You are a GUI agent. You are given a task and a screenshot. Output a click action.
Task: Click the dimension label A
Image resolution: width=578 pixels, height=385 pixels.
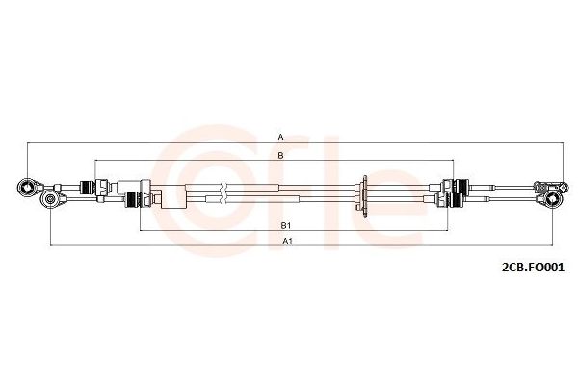click(x=281, y=137)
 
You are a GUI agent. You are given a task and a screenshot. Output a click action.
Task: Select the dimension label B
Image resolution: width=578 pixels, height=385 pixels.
click(x=281, y=156)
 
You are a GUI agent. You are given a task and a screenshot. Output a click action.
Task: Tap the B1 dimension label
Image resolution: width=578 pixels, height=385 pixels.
click(x=286, y=225)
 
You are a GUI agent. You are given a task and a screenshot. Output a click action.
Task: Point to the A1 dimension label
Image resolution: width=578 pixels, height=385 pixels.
click(x=287, y=241)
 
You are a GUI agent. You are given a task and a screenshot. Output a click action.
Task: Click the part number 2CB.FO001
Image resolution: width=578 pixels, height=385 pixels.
click(x=533, y=268)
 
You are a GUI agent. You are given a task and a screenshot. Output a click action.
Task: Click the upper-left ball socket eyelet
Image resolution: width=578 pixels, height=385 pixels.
click(x=27, y=188)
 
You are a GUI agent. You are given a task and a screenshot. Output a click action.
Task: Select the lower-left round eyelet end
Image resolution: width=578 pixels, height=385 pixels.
click(x=50, y=199)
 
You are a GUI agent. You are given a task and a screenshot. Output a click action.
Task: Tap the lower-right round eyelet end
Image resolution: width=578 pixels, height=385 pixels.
click(x=552, y=199)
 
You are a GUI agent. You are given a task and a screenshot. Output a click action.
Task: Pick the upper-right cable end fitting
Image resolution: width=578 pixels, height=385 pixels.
click(x=551, y=187)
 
